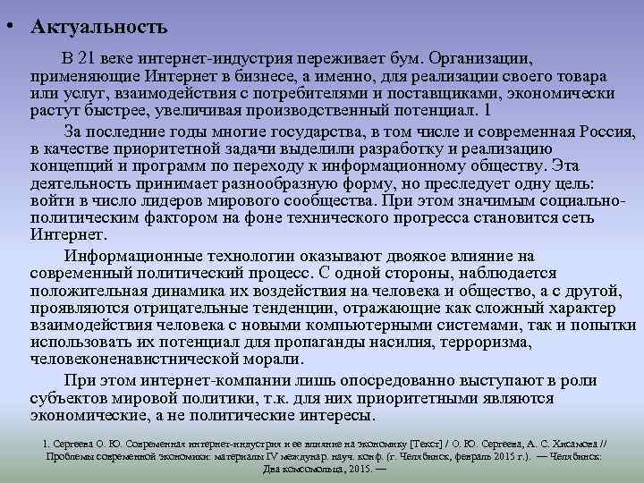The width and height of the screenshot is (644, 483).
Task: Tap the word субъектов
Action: (71, 399)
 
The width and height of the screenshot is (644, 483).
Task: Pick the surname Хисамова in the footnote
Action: (565, 442)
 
